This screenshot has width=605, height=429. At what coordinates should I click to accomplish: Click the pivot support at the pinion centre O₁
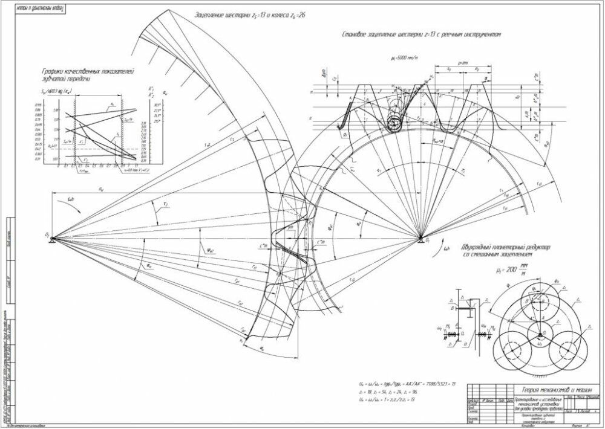click(422, 242)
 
